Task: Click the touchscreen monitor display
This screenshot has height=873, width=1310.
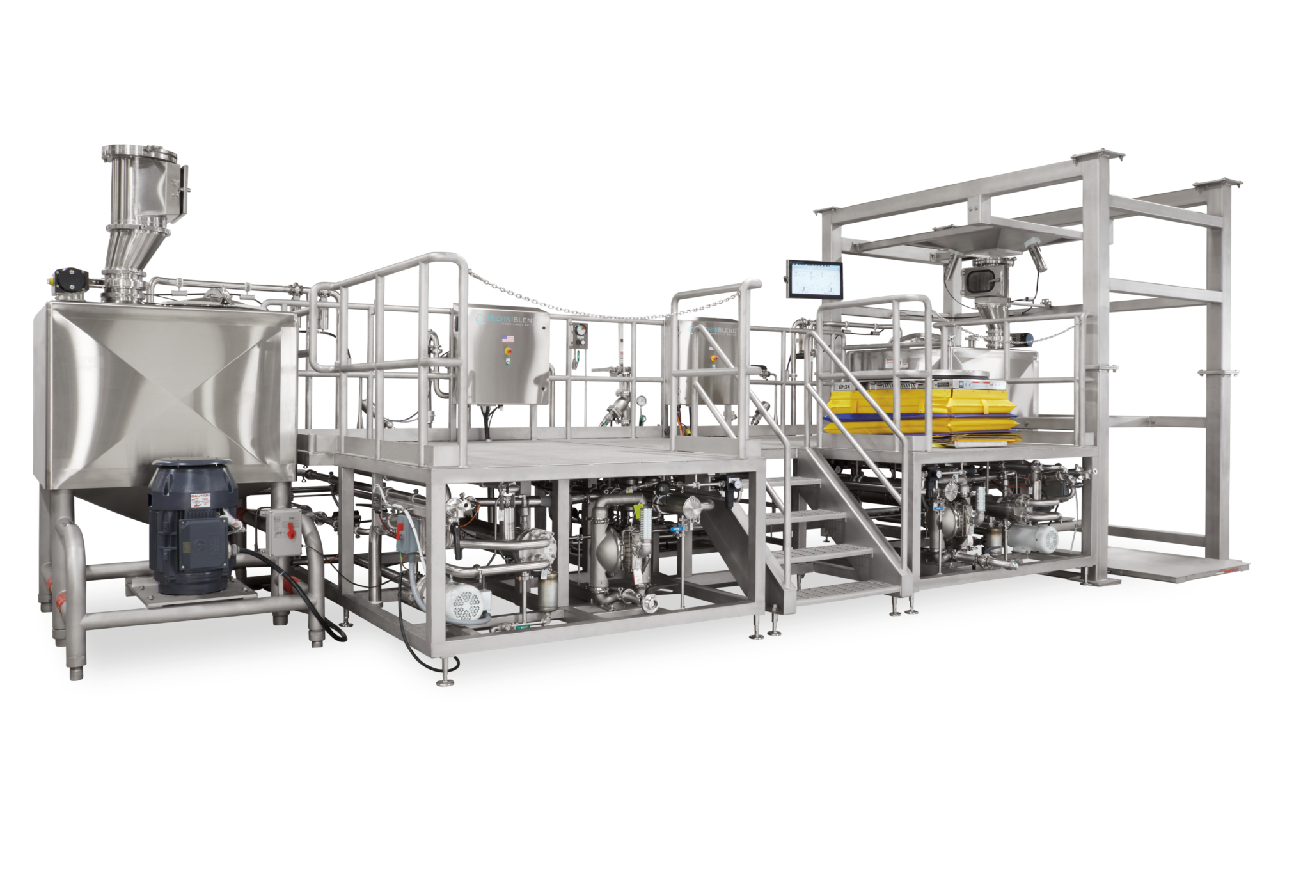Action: coord(812,279)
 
